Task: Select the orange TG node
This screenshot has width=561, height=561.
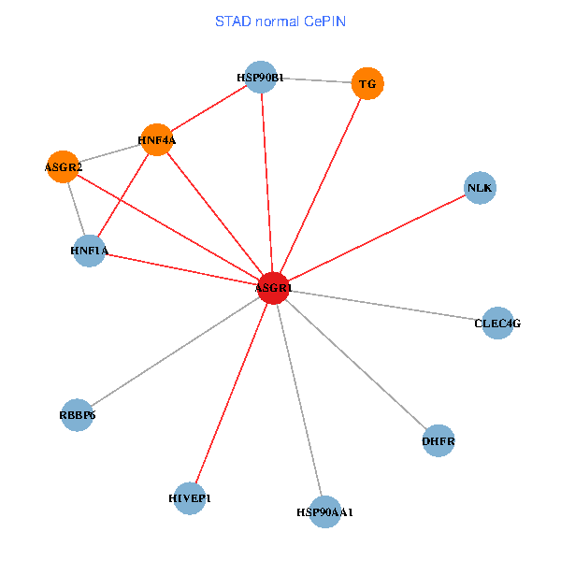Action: (x=367, y=84)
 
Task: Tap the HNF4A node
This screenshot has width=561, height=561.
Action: (x=156, y=140)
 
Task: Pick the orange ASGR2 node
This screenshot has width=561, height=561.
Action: (x=63, y=167)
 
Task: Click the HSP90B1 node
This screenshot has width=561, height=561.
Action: (x=261, y=78)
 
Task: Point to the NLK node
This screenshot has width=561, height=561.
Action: (x=480, y=188)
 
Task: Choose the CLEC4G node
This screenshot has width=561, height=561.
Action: (x=497, y=324)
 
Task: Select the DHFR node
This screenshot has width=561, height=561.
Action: (x=439, y=440)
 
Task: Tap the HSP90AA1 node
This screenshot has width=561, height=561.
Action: (x=324, y=512)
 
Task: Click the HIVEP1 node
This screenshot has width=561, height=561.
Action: (x=190, y=498)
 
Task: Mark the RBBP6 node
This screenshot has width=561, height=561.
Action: (x=77, y=414)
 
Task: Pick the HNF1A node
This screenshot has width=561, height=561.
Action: (x=90, y=251)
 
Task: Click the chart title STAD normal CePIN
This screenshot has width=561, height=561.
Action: (x=280, y=21)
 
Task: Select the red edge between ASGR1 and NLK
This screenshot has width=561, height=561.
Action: (x=376, y=238)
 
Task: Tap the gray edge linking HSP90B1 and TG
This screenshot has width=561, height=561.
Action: (x=314, y=80)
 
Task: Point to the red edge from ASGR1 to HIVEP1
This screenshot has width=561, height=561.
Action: (x=231, y=394)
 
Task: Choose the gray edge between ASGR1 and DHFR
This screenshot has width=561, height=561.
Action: (x=355, y=365)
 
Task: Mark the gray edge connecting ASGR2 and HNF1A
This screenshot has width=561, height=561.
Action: (x=76, y=209)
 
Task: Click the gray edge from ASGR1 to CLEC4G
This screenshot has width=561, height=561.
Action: (x=384, y=306)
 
